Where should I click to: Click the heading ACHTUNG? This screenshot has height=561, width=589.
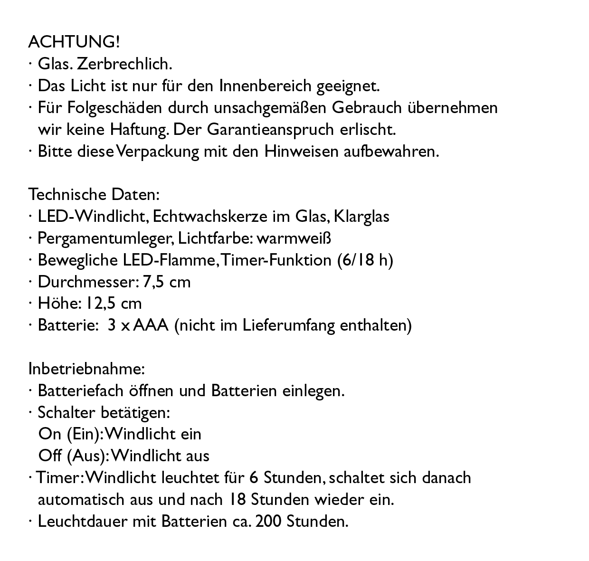click(x=74, y=42)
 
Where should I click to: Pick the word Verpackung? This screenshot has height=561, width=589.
click(x=158, y=152)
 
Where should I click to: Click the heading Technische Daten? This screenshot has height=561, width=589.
click(x=94, y=195)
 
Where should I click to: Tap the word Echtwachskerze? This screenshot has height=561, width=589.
click(x=210, y=217)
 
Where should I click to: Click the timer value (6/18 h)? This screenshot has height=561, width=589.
click(x=365, y=260)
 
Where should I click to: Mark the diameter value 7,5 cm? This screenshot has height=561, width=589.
click(x=167, y=282)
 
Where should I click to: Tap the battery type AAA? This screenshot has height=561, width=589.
click(x=151, y=326)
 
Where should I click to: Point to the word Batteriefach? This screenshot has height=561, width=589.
click(x=81, y=391)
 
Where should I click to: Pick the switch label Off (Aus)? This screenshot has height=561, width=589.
click(x=74, y=456)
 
